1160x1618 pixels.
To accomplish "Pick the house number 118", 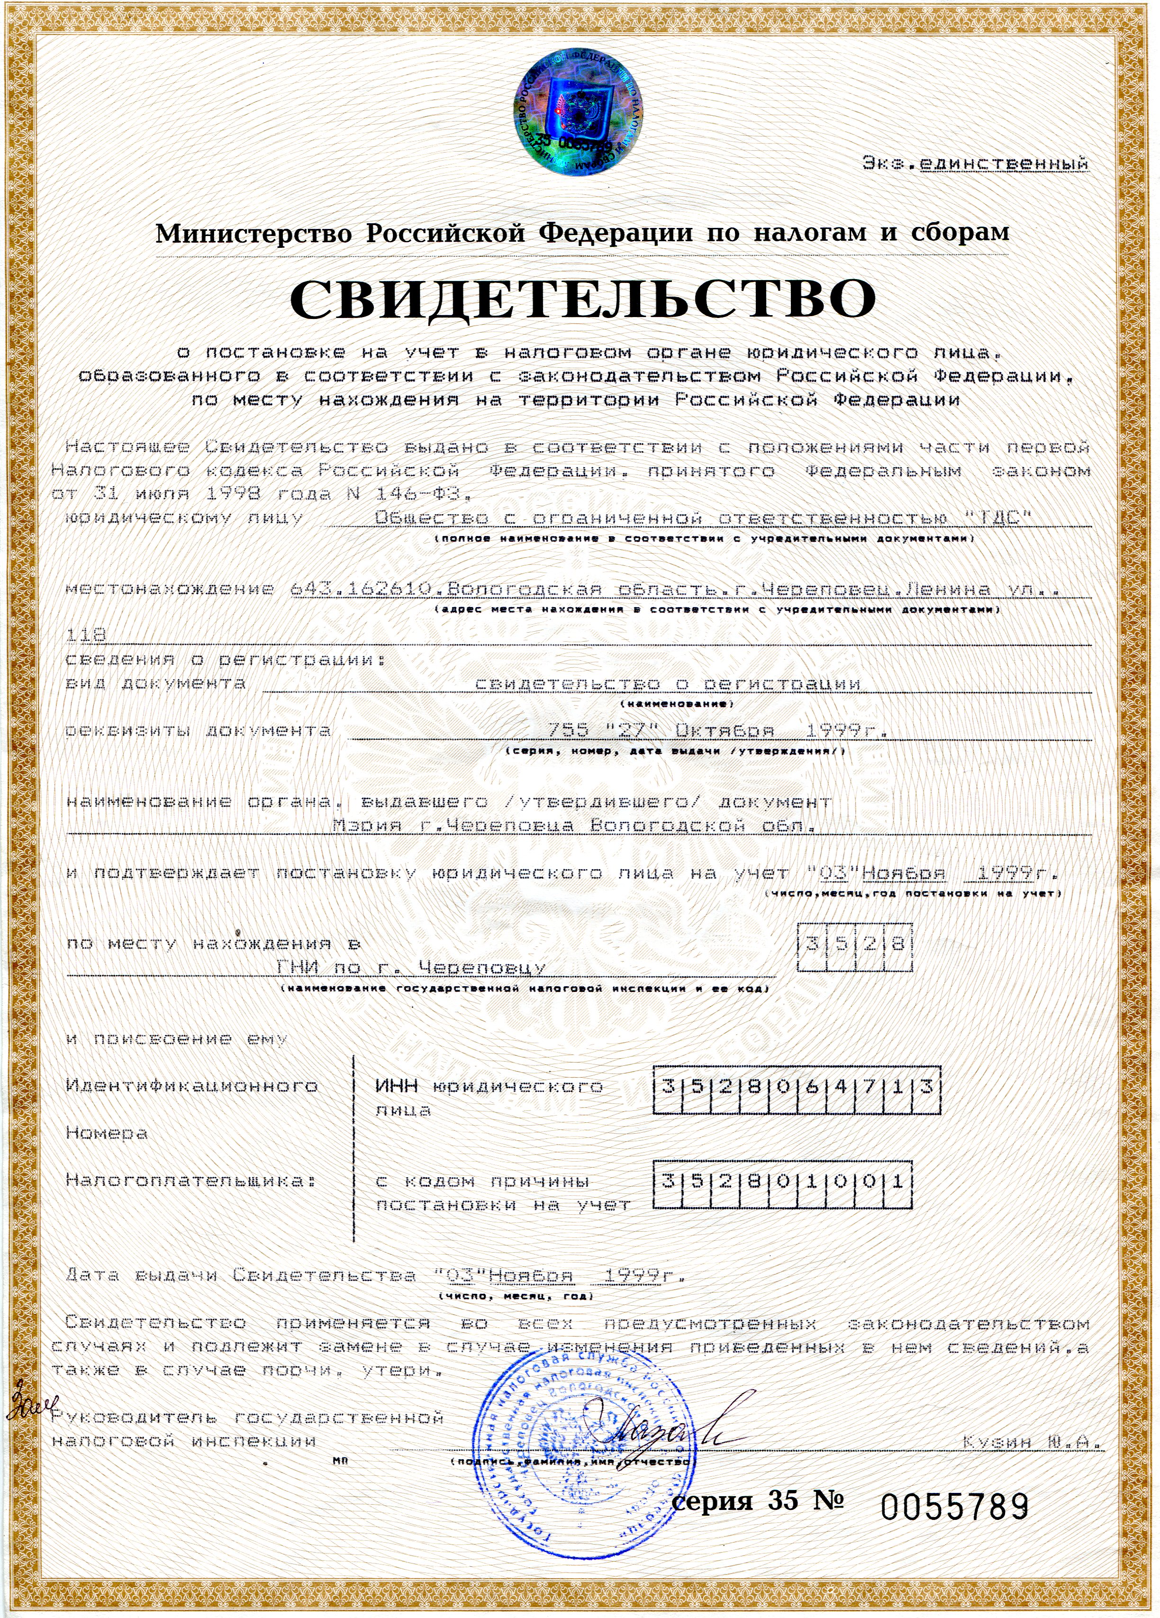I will coord(86,634).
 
